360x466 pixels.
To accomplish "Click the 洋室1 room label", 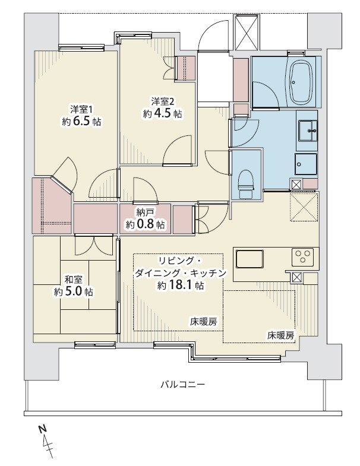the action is [x=81, y=109].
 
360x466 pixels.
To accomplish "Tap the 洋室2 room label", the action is [x=162, y=102].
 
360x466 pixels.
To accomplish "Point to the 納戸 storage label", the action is [x=145, y=213].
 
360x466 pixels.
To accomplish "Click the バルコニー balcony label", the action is [x=183, y=385].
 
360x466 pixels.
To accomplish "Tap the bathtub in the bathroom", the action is [x=302, y=81].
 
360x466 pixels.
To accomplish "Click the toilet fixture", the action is [x=246, y=183].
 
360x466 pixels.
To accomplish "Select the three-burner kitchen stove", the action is [x=302, y=256].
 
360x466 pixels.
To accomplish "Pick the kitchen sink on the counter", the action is [x=250, y=259].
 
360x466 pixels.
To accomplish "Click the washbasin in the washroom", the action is [x=307, y=131].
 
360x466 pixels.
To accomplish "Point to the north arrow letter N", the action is [x=43, y=429].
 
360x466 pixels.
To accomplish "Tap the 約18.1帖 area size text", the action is [x=181, y=286].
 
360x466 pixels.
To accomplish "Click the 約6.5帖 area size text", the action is [x=81, y=122].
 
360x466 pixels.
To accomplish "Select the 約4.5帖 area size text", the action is [x=162, y=114].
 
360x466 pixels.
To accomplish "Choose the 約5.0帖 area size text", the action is [x=74, y=292].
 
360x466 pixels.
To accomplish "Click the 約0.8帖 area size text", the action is [x=145, y=224].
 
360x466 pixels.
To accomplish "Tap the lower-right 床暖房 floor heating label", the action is [x=281, y=336].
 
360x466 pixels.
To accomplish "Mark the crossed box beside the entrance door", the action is [x=247, y=32].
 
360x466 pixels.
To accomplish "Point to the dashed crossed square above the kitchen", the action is [x=304, y=207].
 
